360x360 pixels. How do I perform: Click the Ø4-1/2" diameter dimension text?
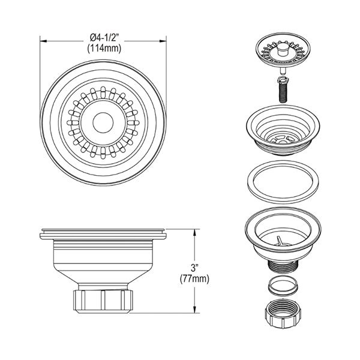point(103,38)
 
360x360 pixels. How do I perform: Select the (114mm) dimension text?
point(104,49)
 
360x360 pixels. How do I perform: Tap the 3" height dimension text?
point(194,268)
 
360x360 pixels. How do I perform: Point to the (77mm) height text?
point(194,279)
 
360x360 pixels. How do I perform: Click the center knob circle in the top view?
point(103,122)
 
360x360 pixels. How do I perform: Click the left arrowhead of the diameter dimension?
point(43,41)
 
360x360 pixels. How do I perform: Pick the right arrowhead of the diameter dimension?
point(163,41)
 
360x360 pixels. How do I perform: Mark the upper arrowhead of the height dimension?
point(194,232)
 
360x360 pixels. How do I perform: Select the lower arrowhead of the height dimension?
point(194,309)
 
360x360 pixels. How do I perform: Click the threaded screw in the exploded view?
point(283,89)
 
